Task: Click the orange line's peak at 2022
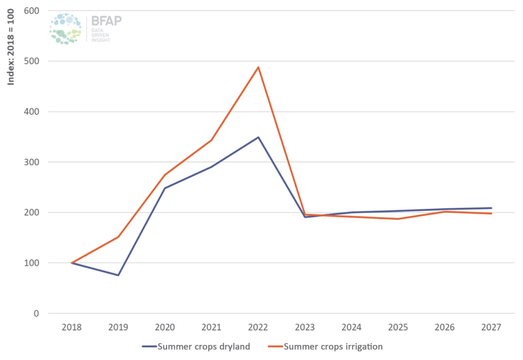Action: (x=258, y=67)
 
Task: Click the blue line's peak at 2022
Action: (x=258, y=137)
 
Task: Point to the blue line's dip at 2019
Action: (x=118, y=275)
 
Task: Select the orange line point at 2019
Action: (x=118, y=237)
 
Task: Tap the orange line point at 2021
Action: (x=211, y=140)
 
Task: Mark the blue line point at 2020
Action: (x=165, y=188)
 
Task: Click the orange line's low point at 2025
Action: (x=398, y=219)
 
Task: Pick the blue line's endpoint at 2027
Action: (x=491, y=208)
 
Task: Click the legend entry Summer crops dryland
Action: (x=203, y=347)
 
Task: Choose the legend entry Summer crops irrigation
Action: (x=333, y=347)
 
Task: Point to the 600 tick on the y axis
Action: (x=31, y=11)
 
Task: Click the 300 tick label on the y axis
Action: (x=31, y=162)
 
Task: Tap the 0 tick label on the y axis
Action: (x=36, y=314)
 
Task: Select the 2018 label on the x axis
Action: (x=72, y=327)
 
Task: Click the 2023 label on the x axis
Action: (x=305, y=327)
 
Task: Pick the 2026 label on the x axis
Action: (x=444, y=327)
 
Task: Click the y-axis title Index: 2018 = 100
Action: (x=11, y=47)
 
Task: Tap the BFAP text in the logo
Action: (x=106, y=21)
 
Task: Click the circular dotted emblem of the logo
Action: (x=65, y=29)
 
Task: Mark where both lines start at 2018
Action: (x=72, y=263)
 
